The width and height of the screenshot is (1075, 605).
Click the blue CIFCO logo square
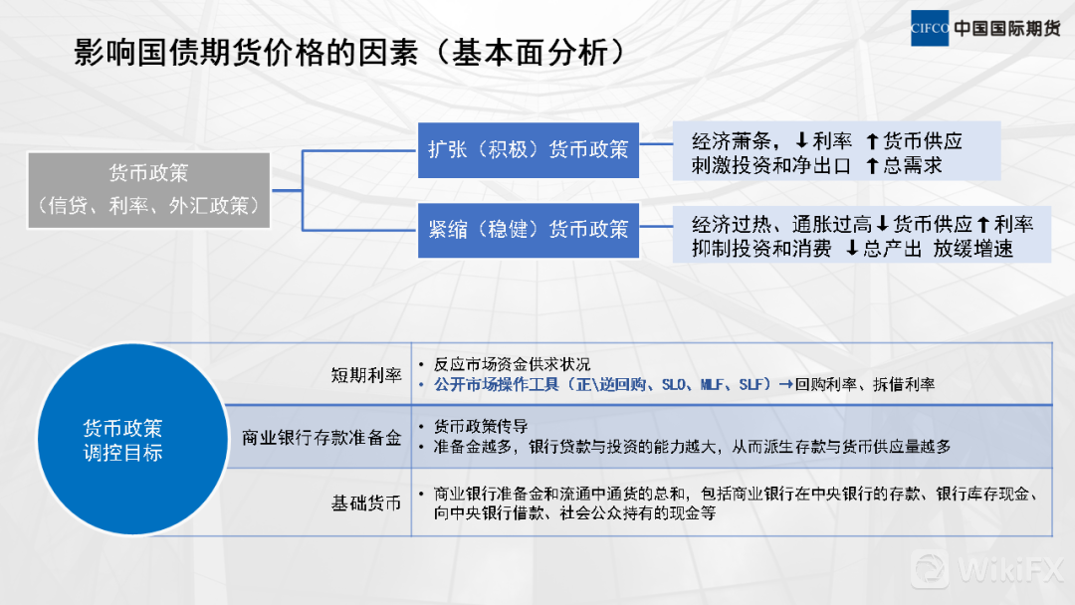[x=929, y=28]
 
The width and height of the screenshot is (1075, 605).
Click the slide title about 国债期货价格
[x=349, y=53]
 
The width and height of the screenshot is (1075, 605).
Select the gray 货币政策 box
[x=148, y=190]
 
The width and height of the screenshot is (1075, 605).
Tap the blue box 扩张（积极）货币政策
[x=528, y=150]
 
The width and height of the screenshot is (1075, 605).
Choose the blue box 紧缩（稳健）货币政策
[x=528, y=230]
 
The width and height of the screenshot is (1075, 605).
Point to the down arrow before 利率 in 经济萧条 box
[x=800, y=141]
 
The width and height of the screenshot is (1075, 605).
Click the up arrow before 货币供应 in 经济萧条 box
[x=872, y=142]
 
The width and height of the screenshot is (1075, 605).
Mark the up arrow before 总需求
[x=872, y=166]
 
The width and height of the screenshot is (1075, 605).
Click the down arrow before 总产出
[x=851, y=248]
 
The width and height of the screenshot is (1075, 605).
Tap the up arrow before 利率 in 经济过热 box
[x=983, y=224]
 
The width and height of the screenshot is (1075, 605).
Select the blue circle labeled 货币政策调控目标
[x=132, y=439]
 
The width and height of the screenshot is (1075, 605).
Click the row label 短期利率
[x=366, y=375]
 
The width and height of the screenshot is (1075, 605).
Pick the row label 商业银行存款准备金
[x=322, y=438]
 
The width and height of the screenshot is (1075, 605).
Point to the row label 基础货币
[x=366, y=504]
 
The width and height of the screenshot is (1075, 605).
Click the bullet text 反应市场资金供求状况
[x=512, y=364]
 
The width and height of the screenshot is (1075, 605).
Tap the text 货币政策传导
[x=481, y=427]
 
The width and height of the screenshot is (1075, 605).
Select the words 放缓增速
[x=972, y=248]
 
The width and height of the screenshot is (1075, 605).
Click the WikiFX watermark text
[x=1010, y=569]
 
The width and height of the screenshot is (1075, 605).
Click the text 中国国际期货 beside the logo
[x=1007, y=28]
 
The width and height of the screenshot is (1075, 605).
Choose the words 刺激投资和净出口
[x=771, y=166]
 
